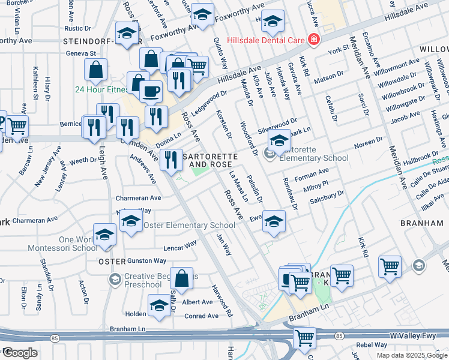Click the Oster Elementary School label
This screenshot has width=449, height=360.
pos(180,225)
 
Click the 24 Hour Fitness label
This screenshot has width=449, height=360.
pos(98,89)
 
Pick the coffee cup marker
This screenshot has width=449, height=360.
pos(150,92)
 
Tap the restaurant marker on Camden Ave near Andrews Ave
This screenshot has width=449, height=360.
pos(173,160)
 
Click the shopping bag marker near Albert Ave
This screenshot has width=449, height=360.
pos(181,279)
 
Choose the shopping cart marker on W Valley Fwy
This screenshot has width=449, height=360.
pos(304,338)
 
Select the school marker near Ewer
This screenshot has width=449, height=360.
pos(274,221)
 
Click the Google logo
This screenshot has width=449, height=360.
pos(20,353)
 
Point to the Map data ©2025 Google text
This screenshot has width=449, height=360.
pos(411,355)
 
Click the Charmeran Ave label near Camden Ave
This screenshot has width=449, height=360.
pos(139,197)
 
